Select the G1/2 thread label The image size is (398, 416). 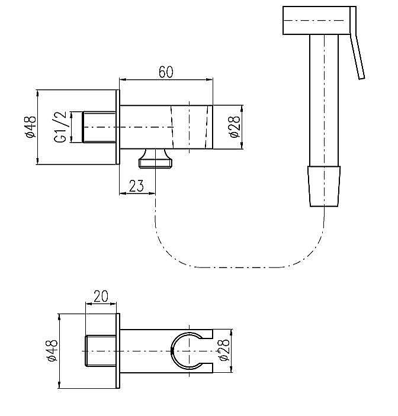tap(59, 127)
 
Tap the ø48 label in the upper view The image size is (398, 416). tap(31, 127)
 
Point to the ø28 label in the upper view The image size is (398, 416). tap(235, 127)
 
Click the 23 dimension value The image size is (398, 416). tap(136, 186)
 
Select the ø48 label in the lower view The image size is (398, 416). tap(52, 351)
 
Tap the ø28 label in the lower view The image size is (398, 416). tap(224, 350)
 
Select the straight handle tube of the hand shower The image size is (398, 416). tap(324, 101)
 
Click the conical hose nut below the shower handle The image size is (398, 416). tap(324, 185)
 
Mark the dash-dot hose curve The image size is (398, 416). tap(237, 266)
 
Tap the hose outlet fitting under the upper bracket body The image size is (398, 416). tap(156, 159)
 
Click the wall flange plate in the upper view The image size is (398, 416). tap(117, 127)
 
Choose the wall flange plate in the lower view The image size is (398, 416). tap(117, 351)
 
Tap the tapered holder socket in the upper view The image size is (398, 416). tap(192, 127)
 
